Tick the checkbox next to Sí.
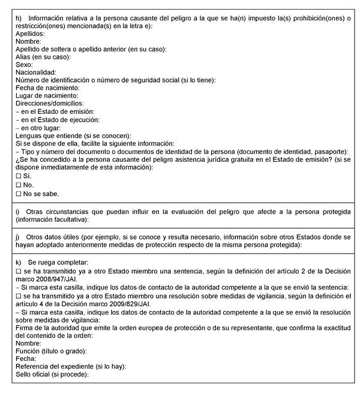pyautogui.click(x=19, y=176)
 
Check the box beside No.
pyautogui.click(x=19, y=185)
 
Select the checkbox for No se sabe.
pyautogui.click(x=19, y=194)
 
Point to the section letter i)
pyautogui.click(x=19, y=212)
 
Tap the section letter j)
pyautogui.click(x=19, y=236)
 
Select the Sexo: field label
pyautogui.click(x=25, y=64)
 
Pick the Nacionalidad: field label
pyautogui.click(x=36, y=72)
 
